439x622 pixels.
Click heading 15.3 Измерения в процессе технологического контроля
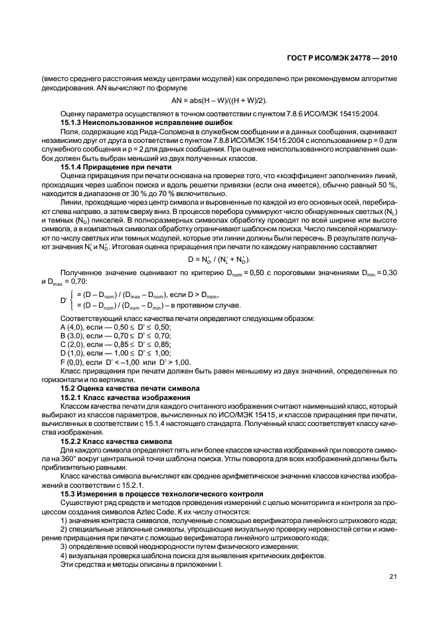[163, 494]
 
